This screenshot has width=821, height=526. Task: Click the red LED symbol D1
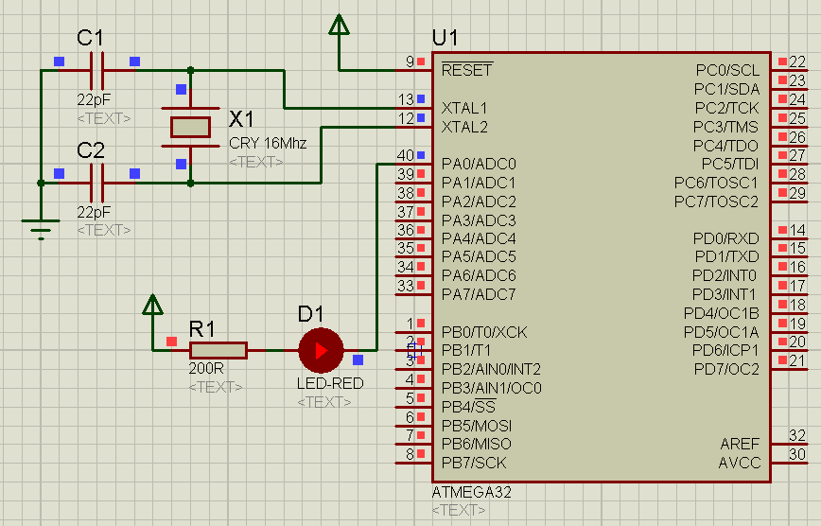click(x=321, y=351)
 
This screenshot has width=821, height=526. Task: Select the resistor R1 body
click(x=218, y=351)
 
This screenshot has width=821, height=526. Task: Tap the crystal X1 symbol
click(x=190, y=127)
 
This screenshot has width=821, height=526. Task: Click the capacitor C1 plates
click(x=96, y=70)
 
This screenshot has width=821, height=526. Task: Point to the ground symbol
click(x=40, y=228)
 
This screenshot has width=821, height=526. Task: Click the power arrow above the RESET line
click(x=340, y=26)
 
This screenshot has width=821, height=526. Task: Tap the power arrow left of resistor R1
click(x=152, y=307)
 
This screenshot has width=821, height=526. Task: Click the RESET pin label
click(x=467, y=70)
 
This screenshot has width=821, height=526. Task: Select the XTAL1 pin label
click(x=464, y=108)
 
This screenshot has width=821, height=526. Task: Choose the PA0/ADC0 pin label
click(x=479, y=164)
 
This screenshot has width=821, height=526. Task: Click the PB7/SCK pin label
click(x=474, y=463)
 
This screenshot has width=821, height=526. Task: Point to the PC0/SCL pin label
click(x=727, y=70)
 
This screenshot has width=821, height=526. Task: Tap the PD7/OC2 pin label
click(x=727, y=369)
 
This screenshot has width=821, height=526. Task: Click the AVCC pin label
click(x=740, y=463)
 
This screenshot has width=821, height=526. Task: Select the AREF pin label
click(x=740, y=444)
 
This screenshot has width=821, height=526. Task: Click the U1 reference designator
click(x=445, y=39)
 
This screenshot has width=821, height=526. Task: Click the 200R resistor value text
click(x=206, y=369)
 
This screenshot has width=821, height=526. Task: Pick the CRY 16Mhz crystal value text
click(x=268, y=144)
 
